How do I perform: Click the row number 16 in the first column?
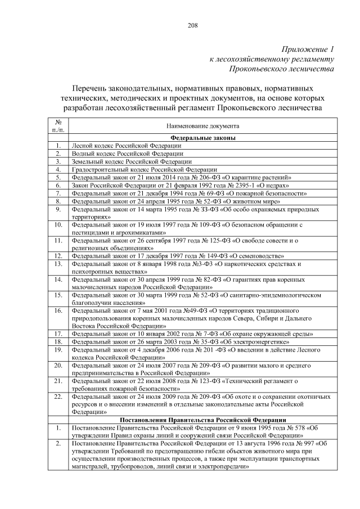[58, 310]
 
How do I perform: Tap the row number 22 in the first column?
[58, 397]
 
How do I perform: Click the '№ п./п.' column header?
[58, 126]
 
